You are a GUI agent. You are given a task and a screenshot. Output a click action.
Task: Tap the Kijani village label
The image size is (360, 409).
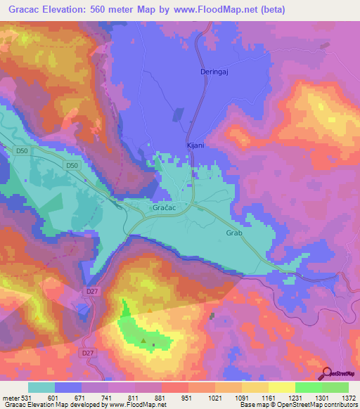pos(195,145)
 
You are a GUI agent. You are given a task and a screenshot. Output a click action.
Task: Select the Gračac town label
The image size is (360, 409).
pos(163,209)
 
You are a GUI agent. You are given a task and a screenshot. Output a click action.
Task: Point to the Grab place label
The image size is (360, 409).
pos(234,233)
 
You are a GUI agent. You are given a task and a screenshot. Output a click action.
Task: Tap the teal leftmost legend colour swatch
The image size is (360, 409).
pos(41,387)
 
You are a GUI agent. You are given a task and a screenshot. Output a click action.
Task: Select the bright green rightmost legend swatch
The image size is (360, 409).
pos(335,387)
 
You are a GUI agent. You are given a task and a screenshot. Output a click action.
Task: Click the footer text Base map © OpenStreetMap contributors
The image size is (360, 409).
pos(297,405)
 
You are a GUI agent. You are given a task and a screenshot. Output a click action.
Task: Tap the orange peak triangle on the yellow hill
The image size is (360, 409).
pos(150,309)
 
